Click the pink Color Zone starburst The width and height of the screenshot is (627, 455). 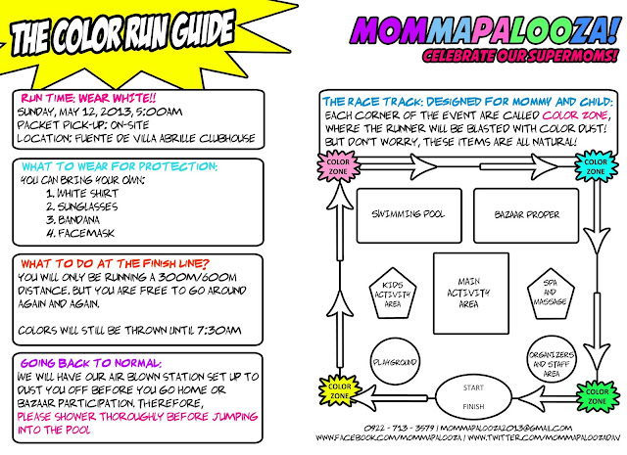coord(338,167)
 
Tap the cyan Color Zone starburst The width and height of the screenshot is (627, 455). coord(596,166)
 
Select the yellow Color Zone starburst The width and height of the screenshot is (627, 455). coord(340,391)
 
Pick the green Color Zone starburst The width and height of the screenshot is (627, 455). coord(597,396)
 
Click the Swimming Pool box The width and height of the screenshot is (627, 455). coord(409,215)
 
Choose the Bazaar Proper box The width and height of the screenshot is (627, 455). coord(526,215)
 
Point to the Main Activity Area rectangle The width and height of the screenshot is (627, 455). coord(471,294)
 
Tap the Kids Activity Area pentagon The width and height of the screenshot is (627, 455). coord(393,295)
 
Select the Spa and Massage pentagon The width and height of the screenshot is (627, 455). coord(551,295)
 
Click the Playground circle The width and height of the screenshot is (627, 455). coord(395,362)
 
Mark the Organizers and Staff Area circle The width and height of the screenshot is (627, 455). coord(552,364)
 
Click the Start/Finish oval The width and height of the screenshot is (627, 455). coord(473,397)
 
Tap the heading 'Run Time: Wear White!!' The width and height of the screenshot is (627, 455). coord(88,98)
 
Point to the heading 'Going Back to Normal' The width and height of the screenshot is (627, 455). coord(91,363)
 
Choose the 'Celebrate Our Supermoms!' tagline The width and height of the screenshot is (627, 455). coord(520,56)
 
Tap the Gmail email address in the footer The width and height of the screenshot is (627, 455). coord(506,429)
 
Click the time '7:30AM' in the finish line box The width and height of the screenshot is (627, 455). coord(219,331)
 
